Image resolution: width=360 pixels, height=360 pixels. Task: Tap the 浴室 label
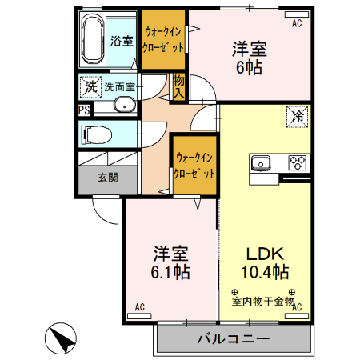[x=122, y=41]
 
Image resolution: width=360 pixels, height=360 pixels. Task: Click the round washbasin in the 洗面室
[x=125, y=105]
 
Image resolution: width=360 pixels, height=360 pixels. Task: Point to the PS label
[x=84, y=111]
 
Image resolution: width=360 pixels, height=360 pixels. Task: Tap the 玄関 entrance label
[x=108, y=178]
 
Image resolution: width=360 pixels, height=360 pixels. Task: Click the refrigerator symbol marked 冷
[x=296, y=116]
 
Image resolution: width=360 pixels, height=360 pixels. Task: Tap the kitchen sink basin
[x=261, y=163]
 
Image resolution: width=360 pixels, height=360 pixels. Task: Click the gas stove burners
[x=298, y=162]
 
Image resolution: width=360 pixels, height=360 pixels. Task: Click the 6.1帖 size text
[x=171, y=272]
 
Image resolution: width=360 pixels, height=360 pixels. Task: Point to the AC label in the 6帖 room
[x=297, y=24]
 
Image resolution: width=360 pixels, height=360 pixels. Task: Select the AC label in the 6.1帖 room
[x=139, y=307]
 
